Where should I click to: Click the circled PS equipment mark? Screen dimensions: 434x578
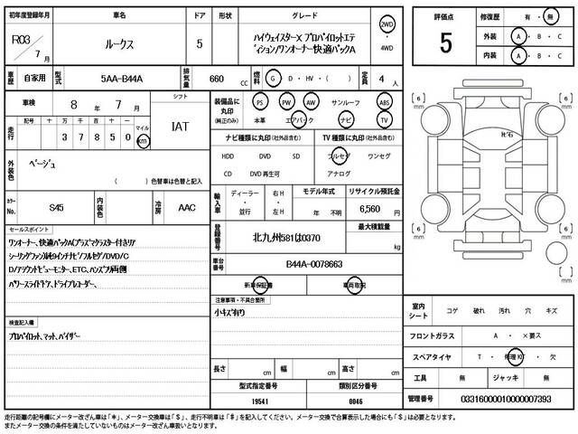[x=260, y=102]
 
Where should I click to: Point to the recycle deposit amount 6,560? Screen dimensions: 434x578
[x=369, y=207]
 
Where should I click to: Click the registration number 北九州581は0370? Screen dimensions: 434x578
[x=288, y=239]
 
